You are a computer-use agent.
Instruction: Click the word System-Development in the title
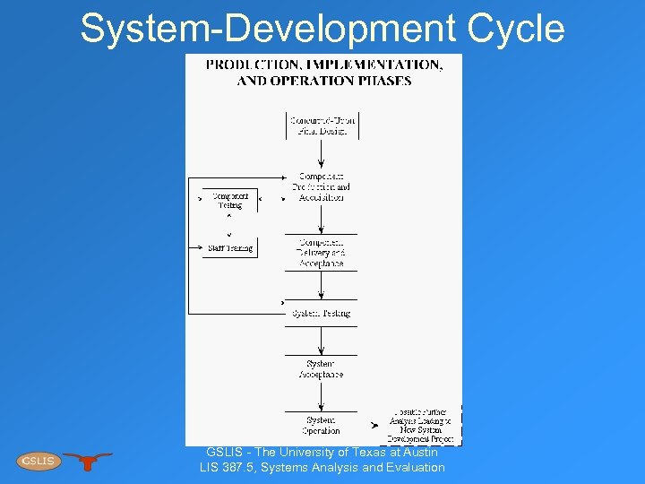[267, 28]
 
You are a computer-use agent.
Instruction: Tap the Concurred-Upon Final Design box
[322, 125]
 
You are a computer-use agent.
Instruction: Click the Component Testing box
[230, 200]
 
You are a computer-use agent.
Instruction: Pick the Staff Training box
[230, 247]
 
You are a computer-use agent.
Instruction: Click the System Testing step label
[321, 313]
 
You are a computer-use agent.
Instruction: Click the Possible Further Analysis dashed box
[422, 426]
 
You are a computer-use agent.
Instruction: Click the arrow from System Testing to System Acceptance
[322, 340]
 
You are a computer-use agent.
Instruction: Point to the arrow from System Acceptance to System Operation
[322, 396]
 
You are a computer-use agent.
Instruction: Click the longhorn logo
[87, 461]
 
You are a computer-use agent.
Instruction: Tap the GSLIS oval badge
[38, 461]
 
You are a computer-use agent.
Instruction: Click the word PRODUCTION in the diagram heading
[250, 65]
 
